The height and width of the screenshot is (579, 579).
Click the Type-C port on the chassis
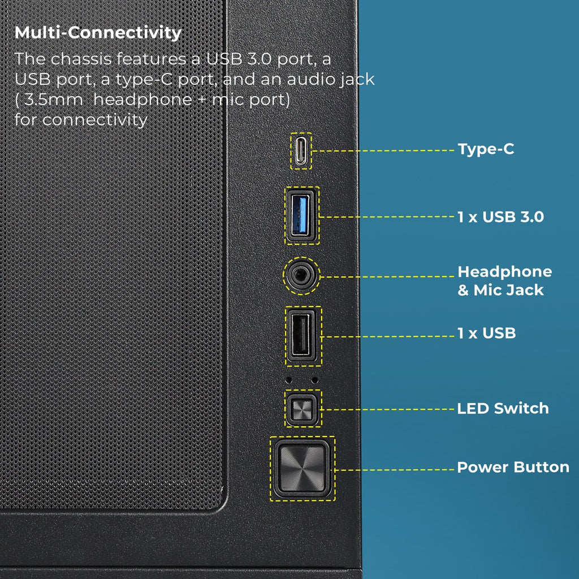pyautogui.click(x=301, y=151)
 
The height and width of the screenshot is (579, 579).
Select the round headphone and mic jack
pyautogui.click(x=302, y=275)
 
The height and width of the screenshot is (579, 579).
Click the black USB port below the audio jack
pyautogui.click(x=302, y=336)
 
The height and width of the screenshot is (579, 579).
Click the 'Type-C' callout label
pyautogui.click(x=486, y=149)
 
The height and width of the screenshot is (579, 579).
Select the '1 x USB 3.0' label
pyautogui.click(x=501, y=217)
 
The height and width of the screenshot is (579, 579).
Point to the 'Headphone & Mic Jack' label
pyautogui.click(x=505, y=280)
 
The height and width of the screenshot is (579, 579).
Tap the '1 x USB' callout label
pyautogui.click(x=487, y=333)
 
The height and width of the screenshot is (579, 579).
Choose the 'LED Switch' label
pyautogui.click(x=503, y=408)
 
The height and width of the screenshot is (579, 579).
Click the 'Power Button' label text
pyautogui.click(x=513, y=467)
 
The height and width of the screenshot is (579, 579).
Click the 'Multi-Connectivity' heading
pyautogui.click(x=98, y=32)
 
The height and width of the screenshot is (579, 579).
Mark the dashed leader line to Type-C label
pyautogui.click(x=383, y=150)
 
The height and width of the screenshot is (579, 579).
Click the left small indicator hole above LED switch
pyautogui.click(x=289, y=379)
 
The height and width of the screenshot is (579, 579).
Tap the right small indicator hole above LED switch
pyautogui.click(x=314, y=379)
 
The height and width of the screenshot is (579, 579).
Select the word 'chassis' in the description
pyautogui.click(x=80, y=59)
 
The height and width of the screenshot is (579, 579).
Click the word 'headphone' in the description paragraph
pyautogui.click(x=142, y=100)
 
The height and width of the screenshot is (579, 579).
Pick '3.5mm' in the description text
pyautogui.click(x=53, y=100)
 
